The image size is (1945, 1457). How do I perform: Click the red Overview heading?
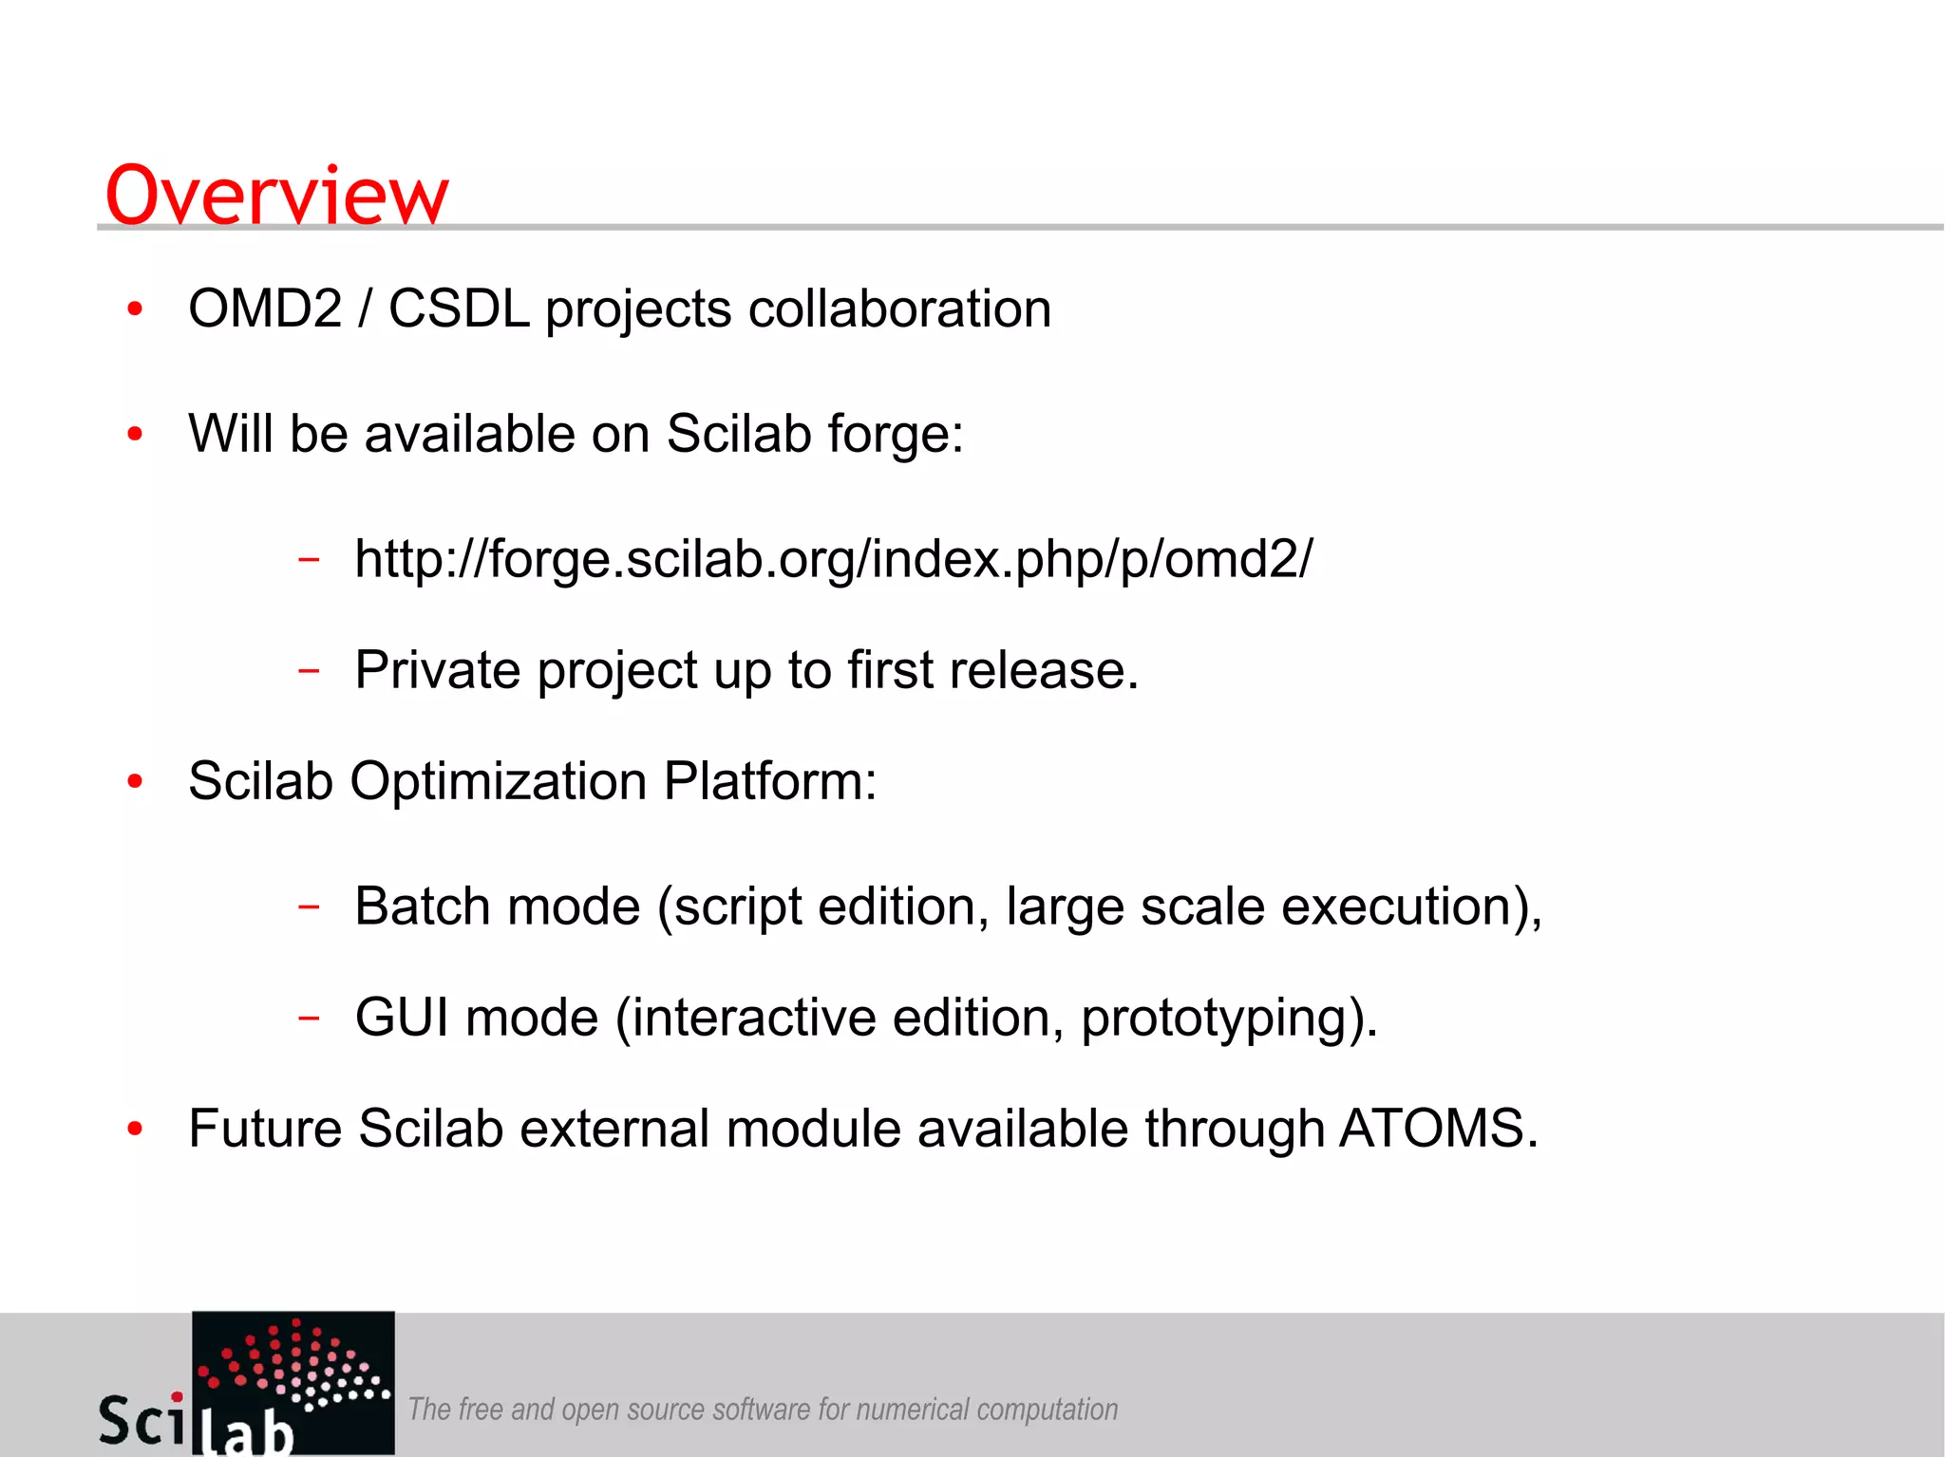pos(275,196)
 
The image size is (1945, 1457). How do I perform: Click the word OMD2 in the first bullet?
pos(265,309)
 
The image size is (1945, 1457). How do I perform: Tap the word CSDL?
pos(459,309)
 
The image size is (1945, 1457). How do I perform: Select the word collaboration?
pos(899,309)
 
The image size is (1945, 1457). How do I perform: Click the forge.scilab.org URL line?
pos(833,559)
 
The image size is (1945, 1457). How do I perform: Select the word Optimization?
pos(498,781)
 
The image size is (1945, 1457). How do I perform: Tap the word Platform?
pos(769,781)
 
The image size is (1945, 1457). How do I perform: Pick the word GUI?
pos(402,1018)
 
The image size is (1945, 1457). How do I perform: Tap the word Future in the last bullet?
pos(265,1129)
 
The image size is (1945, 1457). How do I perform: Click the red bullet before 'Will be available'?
pos(135,435)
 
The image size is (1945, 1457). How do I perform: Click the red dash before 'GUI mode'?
pos(309,1018)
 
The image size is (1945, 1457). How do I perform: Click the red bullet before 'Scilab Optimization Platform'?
pos(135,782)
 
